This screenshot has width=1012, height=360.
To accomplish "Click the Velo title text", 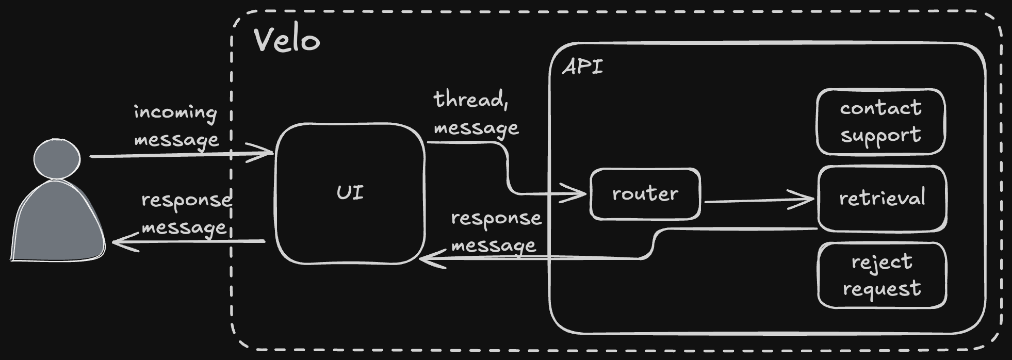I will (x=287, y=40).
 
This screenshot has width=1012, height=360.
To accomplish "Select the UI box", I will (x=350, y=193).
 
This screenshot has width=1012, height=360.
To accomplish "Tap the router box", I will (x=645, y=194).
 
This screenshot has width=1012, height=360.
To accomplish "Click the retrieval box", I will (x=882, y=198).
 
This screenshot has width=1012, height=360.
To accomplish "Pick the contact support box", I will (x=880, y=122).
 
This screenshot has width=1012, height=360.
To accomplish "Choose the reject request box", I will (x=882, y=275).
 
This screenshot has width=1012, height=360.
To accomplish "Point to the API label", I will (x=582, y=67).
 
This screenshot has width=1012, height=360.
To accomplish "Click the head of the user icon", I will (x=57, y=158).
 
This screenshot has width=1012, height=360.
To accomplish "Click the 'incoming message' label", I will (x=176, y=126).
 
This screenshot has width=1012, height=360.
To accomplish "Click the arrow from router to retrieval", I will (x=758, y=200).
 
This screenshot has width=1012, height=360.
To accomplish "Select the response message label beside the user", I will (x=186, y=214).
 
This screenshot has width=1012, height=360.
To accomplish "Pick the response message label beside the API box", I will (x=496, y=232).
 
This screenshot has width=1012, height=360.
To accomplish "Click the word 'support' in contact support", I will (x=880, y=136).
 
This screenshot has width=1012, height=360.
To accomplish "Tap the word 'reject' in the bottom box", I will (x=882, y=261).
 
